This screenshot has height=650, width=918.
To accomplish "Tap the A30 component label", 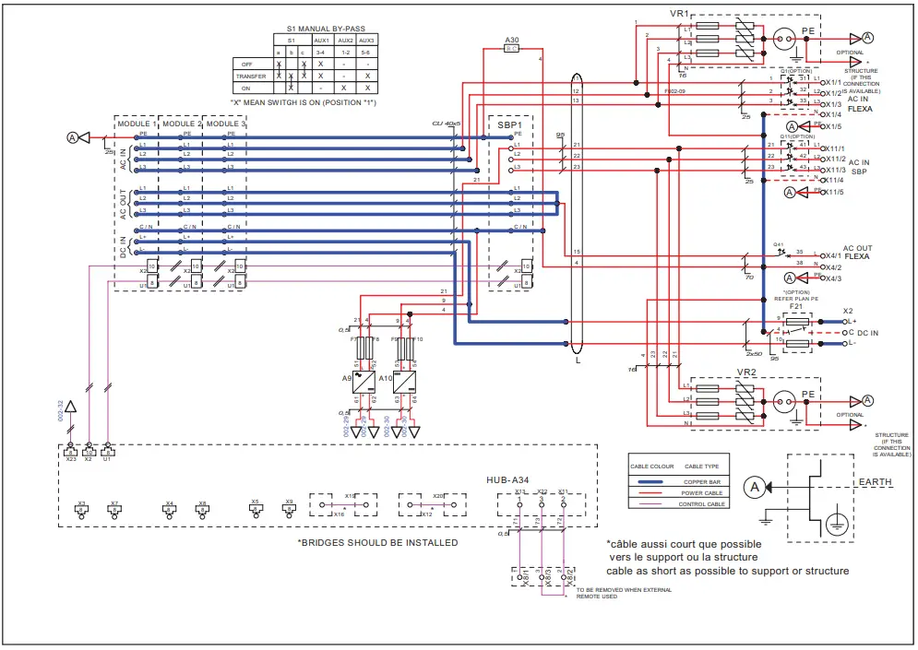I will [513, 41].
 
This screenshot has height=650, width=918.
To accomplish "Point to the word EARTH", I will [875, 482].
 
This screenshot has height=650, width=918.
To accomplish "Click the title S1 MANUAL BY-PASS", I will [316, 30].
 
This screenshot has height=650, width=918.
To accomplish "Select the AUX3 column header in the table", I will [366, 41].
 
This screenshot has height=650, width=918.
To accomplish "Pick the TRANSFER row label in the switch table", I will [251, 76].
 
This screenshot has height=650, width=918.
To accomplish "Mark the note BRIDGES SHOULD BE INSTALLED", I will [377, 542].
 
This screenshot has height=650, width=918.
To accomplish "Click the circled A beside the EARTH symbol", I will [755, 487].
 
